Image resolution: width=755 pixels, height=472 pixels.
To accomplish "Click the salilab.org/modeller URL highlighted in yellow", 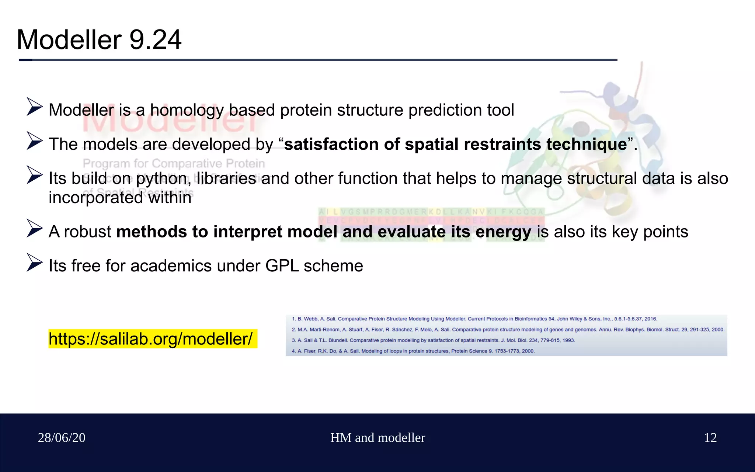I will coord(150,339).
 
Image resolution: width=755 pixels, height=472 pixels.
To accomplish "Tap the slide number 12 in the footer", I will coord(710,438).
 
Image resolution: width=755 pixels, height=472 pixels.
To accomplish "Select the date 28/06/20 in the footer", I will coord(62,438).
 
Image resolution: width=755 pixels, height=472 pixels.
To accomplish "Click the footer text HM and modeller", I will coord(377,438).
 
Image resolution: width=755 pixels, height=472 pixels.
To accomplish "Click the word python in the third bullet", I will coord(163,179).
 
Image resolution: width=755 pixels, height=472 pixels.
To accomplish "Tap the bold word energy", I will coord(503,232).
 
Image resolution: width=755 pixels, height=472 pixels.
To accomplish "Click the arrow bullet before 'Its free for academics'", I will coord(35,262).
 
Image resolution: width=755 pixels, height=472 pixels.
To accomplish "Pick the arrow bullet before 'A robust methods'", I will coord(35,228).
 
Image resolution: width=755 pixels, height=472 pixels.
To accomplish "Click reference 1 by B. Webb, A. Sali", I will coord(474,319).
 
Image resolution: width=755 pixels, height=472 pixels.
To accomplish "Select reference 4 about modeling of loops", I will coord(413,351).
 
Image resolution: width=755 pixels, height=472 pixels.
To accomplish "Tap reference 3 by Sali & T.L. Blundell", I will coord(433,340).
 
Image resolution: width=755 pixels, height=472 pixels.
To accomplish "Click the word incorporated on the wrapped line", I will coord(95,198).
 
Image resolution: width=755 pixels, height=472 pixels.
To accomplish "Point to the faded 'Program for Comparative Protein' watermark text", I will coord(174,163).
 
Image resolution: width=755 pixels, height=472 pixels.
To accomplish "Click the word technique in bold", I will coord(587,144).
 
